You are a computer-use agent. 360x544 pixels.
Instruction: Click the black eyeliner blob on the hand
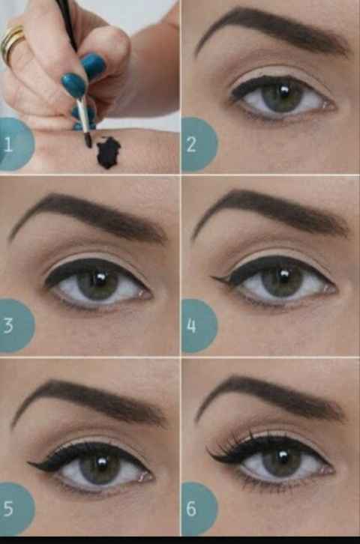pyautogui.click(x=108, y=152)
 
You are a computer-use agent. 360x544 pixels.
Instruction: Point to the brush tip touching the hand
pyautogui.click(x=88, y=140)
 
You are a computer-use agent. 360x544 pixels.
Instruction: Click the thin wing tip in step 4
pyautogui.click(x=214, y=279)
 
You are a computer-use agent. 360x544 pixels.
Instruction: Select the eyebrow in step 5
pyautogui.click(x=90, y=397)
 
